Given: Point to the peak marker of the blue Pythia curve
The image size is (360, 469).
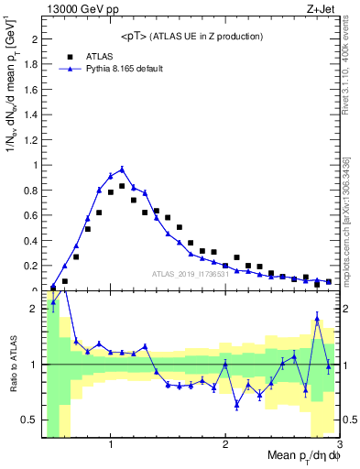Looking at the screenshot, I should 122,169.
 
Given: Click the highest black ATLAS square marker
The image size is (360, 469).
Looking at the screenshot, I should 122,186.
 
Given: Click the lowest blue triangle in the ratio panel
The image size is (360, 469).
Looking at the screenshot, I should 236,405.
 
